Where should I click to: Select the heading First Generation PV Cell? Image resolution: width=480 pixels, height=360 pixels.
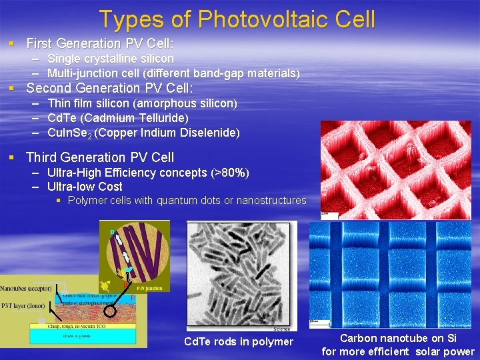(x=99, y=44)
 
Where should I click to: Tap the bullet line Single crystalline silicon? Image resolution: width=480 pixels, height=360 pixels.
(x=111, y=59)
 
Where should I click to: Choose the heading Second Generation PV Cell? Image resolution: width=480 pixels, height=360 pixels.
(x=109, y=88)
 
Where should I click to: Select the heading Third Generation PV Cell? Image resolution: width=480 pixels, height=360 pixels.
(x=99, y=157)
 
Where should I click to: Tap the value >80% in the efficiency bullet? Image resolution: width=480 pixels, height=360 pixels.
(x=229, y=173)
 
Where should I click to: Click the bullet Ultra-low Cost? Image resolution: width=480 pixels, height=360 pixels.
(x=85, y=187)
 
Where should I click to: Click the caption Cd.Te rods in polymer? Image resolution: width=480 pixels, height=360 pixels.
(x=238, y=342)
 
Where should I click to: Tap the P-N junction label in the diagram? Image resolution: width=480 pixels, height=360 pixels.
(x=149, y=287)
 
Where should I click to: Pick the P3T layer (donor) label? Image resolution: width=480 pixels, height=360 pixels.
(x=24, y=307)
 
